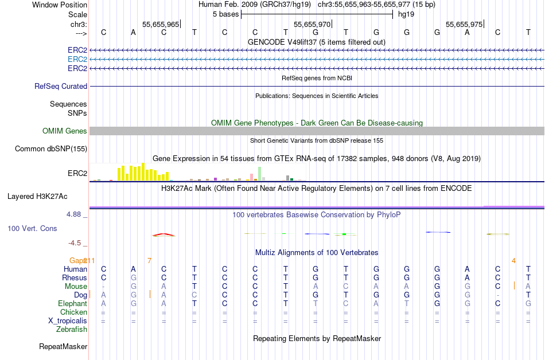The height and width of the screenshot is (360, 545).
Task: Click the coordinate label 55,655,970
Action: click(312, 24)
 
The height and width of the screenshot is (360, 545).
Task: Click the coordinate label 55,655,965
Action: click(161, 24)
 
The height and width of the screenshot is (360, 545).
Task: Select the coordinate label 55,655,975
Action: click(464, 24)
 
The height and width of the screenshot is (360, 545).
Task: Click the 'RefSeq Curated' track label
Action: click(61, 86)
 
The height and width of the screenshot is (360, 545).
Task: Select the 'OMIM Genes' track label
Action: click(65, 131)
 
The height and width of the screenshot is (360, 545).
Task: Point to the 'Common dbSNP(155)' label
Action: click(51, 148)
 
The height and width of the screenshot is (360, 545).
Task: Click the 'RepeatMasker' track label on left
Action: click(63, 346)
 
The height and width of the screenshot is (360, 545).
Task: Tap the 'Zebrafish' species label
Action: click(72, 329)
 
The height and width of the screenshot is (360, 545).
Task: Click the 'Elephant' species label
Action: click(72, 303)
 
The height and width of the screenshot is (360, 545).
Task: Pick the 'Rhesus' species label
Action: click(75, 277)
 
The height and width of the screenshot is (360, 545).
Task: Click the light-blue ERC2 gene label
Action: click(77, 59)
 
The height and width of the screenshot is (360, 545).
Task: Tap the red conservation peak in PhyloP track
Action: click(163, 234)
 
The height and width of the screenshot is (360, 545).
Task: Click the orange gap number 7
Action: click(149, 260)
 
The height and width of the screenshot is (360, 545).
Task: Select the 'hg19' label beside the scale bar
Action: click(406, 14)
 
